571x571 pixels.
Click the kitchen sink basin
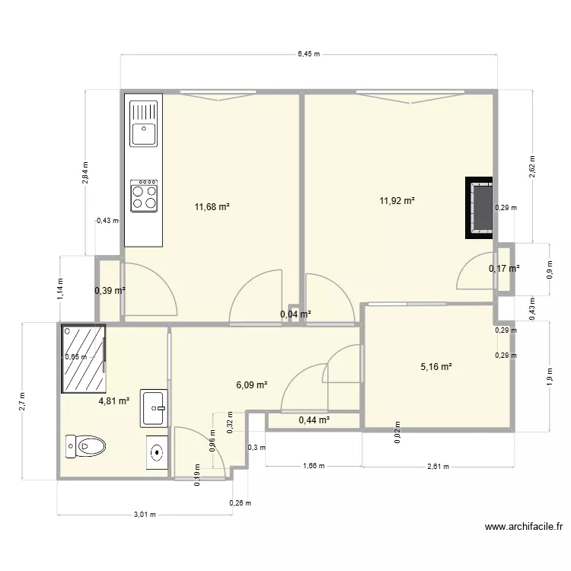click(143, 134)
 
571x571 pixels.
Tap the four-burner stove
click(144, 196)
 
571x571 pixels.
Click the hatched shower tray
click(83, 356)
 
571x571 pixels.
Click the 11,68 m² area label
click(212, 206)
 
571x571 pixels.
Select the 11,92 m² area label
click(397, 201)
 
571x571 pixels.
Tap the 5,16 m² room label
click(436, 366)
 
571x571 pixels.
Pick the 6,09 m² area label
click(251, 385)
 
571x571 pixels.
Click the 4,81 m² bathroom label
click(113, 399)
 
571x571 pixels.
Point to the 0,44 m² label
click(314, 419)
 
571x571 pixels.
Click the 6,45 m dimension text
click(308, 54)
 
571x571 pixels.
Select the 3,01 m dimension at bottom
click(144, 514)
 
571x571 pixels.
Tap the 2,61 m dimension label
click(437, 467)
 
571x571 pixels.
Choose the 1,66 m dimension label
click(313, 467)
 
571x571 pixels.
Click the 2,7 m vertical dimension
click(23, 401)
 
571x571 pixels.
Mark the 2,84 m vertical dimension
click(85, 173)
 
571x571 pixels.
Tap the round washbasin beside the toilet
click(157, 452)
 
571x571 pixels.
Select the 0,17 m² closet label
click(503, 268)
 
